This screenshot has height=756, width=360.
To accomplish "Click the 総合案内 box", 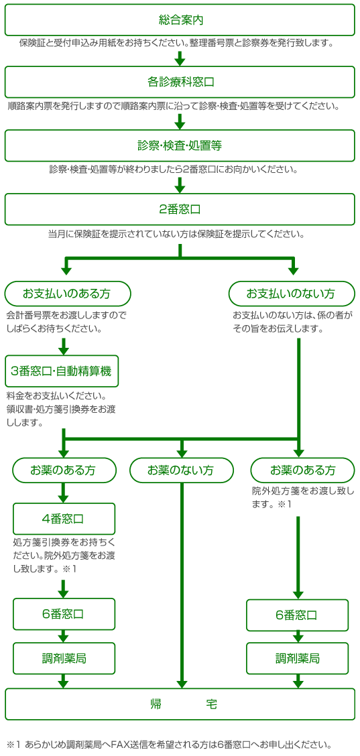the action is coord(180,19).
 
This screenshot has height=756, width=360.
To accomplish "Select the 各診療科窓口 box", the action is coord(180,82).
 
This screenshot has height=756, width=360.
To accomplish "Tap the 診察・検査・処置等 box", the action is coord(180,145).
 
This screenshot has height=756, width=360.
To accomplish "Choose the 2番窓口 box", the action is coord(180,209).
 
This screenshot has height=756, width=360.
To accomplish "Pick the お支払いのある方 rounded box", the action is coord(68,294).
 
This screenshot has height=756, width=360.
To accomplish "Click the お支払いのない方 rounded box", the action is coord(291,294).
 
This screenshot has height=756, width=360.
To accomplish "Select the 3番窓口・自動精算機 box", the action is coord(62,371).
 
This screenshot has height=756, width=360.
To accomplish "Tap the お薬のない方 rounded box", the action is coord(182,470).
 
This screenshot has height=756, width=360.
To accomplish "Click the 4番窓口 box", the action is coord(64,519).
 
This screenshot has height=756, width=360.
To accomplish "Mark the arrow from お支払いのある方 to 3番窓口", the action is coord(64,346).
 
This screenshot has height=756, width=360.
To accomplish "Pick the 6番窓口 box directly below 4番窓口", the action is coord(64,614).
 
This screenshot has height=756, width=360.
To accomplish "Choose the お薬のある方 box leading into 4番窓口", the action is coord(64,470).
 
